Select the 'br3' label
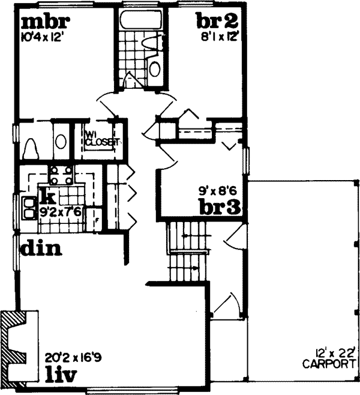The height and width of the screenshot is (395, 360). click(x=220, y=207)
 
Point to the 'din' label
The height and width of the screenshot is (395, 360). click(x=42, y=247)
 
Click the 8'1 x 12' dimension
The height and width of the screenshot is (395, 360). click(x=220, y=36)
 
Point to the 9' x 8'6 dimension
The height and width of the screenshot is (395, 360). click(x=220, y=193)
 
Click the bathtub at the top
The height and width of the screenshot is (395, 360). click(x=142, y=20)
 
